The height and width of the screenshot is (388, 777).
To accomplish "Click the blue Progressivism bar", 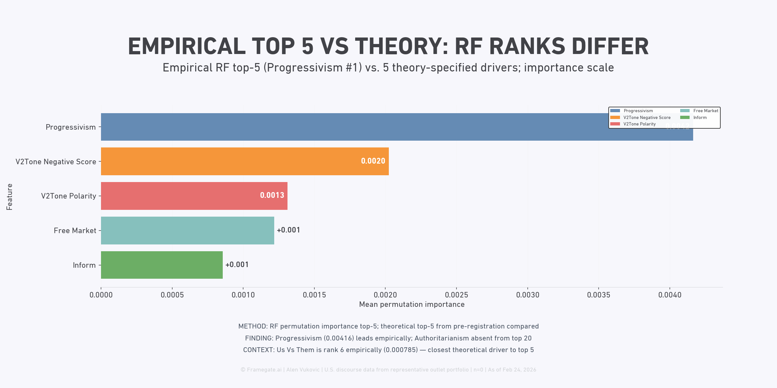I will (356, 127).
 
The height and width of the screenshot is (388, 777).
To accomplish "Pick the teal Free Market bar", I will (187, 231).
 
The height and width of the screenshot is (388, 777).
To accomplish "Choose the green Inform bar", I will (162, 265).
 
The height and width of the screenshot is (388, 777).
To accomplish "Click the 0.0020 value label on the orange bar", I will (373, 161).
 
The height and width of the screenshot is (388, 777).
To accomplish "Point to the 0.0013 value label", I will (272, 195).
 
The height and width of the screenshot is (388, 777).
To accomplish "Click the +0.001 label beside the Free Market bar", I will (288, 230).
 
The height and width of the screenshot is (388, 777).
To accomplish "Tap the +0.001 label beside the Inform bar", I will (237, 264).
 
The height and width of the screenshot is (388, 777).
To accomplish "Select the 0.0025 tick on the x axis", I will (456, 295).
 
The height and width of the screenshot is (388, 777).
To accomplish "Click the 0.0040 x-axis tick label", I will (670, 295).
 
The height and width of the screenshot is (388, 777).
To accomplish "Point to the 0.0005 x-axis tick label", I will (172, 295).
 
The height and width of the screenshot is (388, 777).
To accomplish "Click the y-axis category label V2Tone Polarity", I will (69, 196).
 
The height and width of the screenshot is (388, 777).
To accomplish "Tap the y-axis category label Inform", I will (84, 265).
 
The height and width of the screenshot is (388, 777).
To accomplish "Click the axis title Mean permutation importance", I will (412, 304).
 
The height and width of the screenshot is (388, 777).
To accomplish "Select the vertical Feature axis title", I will (9, 197).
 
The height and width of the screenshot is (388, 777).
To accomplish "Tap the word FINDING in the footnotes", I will (259, 338).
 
